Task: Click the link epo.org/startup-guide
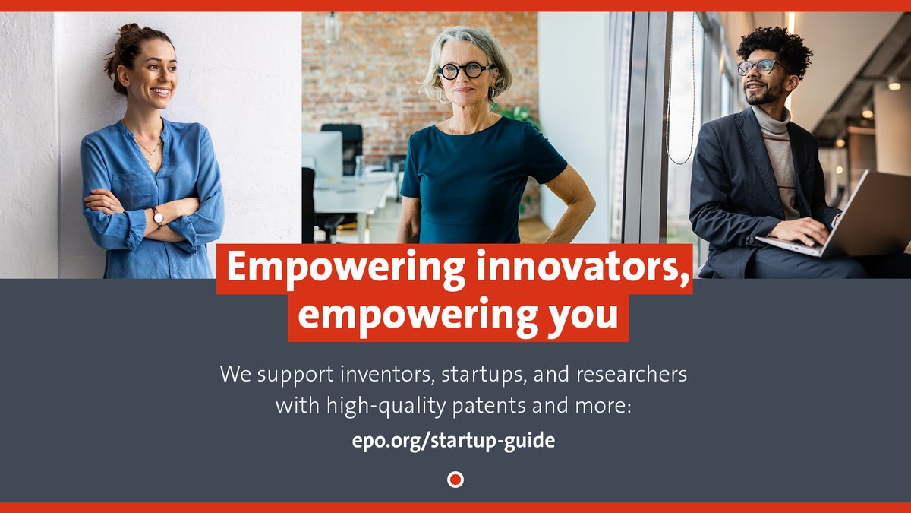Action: click(x=454, y=441)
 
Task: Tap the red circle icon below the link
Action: click(x=455, y=480)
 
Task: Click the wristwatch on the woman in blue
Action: click(x=158, y=217)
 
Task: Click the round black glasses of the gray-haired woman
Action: click(x=465, y=71)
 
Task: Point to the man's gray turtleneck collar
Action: click(x=771, y=122)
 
